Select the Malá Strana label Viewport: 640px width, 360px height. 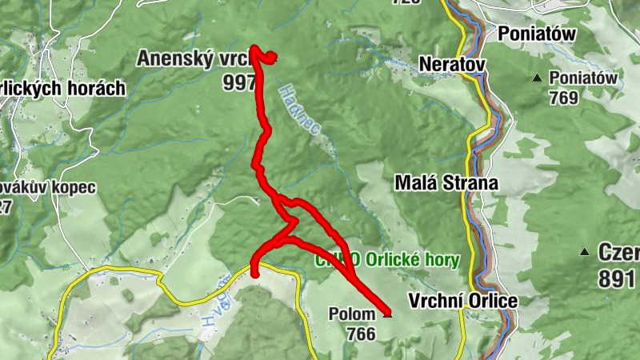(446, 182)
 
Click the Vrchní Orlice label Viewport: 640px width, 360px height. (463, 302)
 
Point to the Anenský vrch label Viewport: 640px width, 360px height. (194, 58)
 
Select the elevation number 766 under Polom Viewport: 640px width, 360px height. (362, 334)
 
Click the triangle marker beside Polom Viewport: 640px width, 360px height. (388, 314)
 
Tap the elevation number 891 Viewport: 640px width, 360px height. (617, 279)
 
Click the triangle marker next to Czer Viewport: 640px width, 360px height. (586, 253)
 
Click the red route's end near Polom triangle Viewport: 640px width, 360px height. (387, 310)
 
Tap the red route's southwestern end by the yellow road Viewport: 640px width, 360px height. (255, 274)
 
